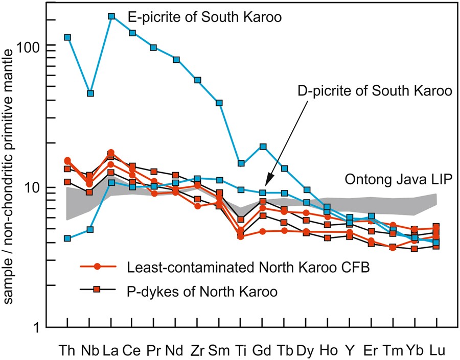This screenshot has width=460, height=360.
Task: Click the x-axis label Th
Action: pos(67,351)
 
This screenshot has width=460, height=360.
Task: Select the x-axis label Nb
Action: pos(89,351)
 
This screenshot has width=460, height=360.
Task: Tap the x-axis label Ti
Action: pos(241,351)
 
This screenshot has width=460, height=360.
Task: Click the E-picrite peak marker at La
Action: pos(111,16)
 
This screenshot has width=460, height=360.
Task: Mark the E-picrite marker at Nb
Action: pos(90,93)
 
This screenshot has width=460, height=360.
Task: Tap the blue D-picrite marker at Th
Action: pos(67,238)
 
